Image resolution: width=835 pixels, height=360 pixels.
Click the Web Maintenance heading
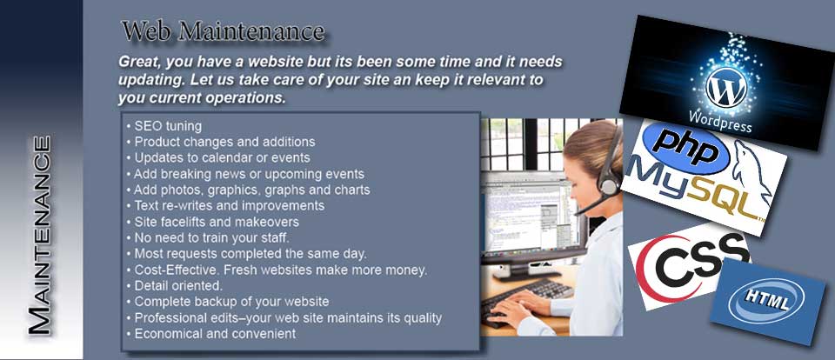(223, 31)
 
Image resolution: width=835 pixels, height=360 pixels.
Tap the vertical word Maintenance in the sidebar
(40, 236)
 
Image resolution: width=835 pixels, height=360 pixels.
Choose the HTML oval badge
(766, 301)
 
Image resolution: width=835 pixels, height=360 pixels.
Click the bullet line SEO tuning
(164, 126)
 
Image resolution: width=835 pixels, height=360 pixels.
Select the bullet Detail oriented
(175, 286)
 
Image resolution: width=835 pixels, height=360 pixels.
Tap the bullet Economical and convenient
(210, 334)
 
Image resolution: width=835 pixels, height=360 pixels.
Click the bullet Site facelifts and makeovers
(212, 222)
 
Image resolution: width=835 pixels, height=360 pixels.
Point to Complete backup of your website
(227, 302)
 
